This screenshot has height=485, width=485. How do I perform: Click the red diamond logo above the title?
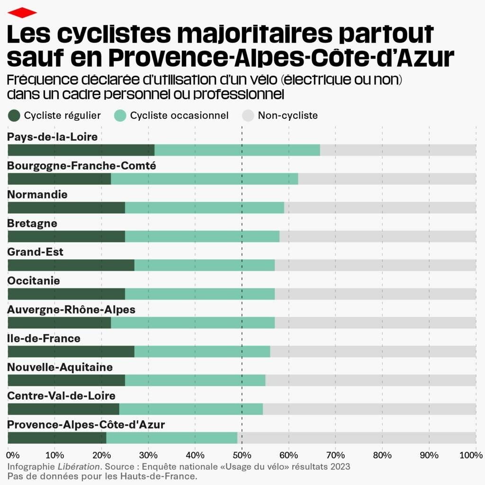[x=22, y=13]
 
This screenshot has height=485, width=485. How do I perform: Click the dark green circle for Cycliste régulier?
[x=14, y=116]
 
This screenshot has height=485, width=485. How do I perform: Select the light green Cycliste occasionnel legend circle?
[x=120, y=116]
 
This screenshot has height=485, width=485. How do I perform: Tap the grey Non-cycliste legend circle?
[x=248, y=116]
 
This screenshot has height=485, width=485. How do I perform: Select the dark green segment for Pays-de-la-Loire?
[x=81, y=150]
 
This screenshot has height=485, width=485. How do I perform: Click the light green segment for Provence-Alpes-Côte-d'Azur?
[x=171, y=438]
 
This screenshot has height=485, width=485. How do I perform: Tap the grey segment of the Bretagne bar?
[x=377, y=236]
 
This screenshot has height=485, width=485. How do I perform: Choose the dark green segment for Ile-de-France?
[x=71, y=351]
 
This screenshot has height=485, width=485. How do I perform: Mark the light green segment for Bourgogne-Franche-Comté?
[x=204, y=179]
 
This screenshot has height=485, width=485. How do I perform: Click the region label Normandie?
[x=37, y=195]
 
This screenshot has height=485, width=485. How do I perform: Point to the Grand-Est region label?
[x=35, y=252]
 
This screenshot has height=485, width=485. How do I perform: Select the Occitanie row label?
[x=34, y=281]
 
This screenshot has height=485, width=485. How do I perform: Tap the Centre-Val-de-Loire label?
[x=61, y=395]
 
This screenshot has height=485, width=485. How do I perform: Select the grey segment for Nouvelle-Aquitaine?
[x=370, y=380]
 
